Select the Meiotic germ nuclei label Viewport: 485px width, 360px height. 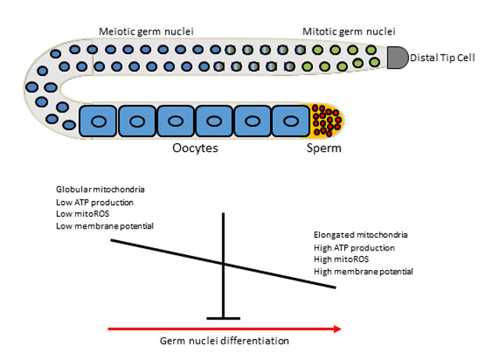click(x=145, y=31)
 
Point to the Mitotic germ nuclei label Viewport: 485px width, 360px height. click(x=349, y=31)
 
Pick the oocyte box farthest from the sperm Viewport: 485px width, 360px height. click(x=98, y=121)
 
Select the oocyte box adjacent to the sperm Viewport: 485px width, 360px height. click(x=292, y=121)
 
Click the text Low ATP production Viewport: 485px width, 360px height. click(x=94, y=201)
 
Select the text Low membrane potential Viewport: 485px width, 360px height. click(x=104, y=226)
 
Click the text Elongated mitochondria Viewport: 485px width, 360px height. click(x=359, y=235)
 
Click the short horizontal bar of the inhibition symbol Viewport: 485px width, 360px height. click(x=224, y=319)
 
